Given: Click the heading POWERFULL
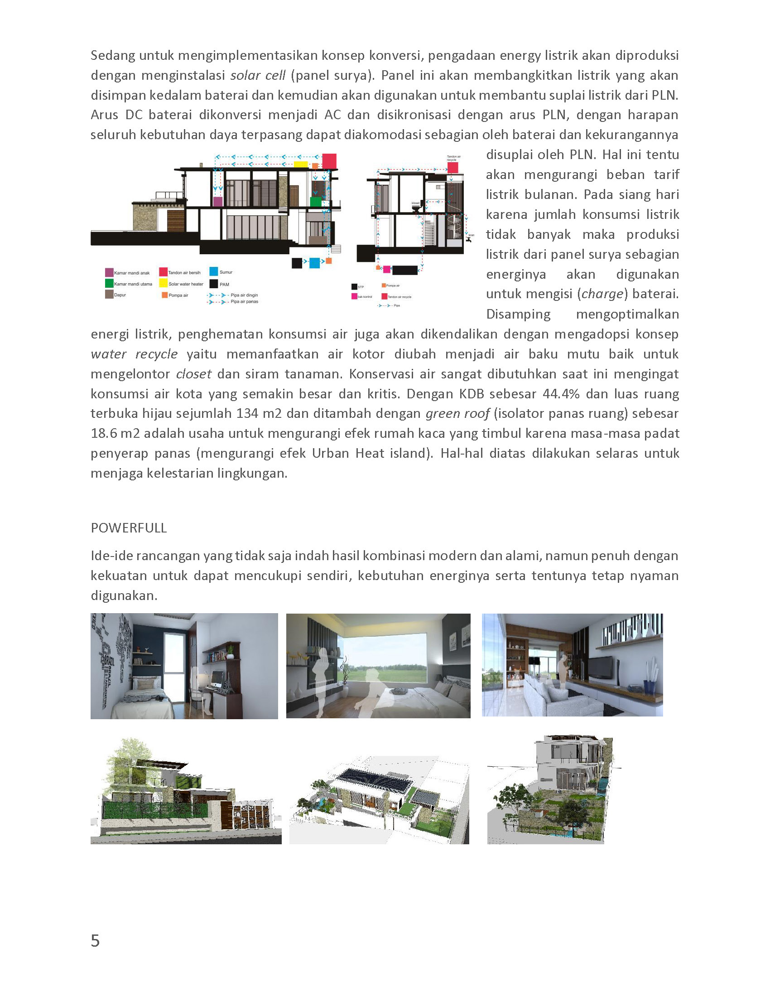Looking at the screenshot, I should pos(129,528).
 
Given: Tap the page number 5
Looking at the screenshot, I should pos(95,940).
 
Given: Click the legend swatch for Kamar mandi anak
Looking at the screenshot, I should pos(109,272).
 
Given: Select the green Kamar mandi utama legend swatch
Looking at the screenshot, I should pos(109,284).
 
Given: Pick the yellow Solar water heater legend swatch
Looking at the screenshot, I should pos(163,284).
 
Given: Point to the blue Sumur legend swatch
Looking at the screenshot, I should pos(213,271).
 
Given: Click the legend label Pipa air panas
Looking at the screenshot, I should pos(244,302).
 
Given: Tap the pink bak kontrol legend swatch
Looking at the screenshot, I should pos(354,296).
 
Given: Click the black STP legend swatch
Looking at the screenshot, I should pos(354,287).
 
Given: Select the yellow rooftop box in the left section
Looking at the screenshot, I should pos(301,165).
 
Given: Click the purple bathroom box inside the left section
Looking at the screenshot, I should pos(217,201).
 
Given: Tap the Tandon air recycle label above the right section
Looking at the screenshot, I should pos(453,159).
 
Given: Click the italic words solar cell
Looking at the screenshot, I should pos(258,75).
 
